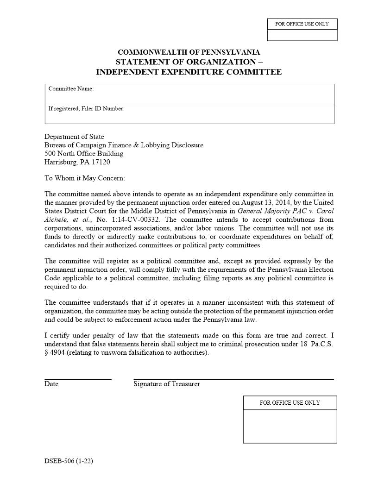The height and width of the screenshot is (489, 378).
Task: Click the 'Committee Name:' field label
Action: click(x=71, y=88)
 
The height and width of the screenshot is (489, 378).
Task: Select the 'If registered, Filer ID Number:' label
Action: click(x=86, y=109)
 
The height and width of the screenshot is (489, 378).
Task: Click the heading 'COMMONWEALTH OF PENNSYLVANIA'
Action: click(x=189, y=52)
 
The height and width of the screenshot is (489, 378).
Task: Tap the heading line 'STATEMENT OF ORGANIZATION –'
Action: click(x=189, y=62)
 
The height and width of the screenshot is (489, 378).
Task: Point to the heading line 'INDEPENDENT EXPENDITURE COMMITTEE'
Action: click(x=189, y=72)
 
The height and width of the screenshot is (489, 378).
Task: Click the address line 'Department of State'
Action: click(x=74, y=137)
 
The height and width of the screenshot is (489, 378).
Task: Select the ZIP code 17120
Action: click(x=101, y=162)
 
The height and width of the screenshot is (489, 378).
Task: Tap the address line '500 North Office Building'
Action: click(x=84, y=153)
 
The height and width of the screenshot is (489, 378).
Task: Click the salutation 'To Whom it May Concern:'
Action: click(x=84, y=178)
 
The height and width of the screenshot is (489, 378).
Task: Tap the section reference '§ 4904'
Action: click(x=54, y=352)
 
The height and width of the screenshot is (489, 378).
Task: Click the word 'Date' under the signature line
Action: click(x=51, y=384)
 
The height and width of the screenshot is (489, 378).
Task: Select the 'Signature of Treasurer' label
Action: click(x=166, y=384)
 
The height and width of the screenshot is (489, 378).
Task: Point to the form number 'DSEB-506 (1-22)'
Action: click(x=69, y=461)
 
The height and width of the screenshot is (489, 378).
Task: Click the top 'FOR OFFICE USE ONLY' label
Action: click(x=302, y=24)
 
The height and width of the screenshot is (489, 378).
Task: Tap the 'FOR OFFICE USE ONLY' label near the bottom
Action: click(x=290, y=403)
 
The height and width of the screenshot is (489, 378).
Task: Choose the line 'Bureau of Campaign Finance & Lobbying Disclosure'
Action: click(x=124, y=145)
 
